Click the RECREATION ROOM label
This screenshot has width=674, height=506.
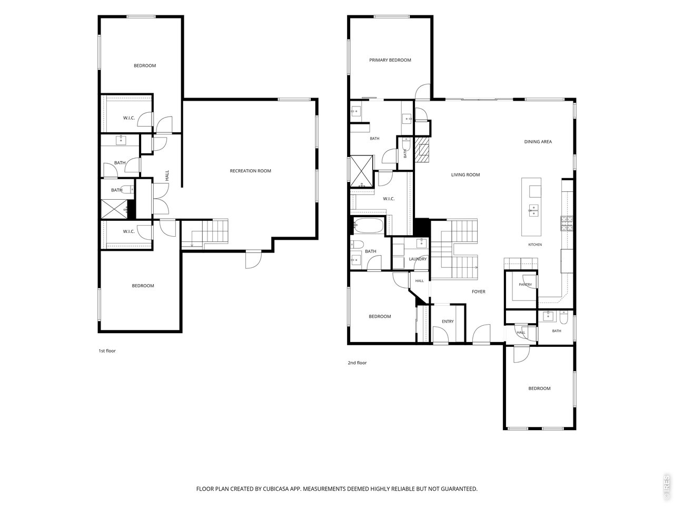[x=250, y=171]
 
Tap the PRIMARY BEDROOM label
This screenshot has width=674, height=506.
[x=390, y=60]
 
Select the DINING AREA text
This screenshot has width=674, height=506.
[x=538, y=142]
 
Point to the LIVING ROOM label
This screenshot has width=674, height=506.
[x=465, y=175]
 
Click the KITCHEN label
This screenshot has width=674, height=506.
[x=535, y=245]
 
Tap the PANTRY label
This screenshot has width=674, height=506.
[x=525, y=285]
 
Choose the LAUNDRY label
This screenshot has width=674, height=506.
[x=418, y=259]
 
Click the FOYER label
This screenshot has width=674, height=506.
[x=479, y=291]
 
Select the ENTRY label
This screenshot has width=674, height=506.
[x=448, y=322]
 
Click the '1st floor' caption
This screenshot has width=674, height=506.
[x=107, y=351]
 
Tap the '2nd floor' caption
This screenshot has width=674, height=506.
[x=357, y=363]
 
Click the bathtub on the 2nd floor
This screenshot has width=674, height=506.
[x=368, y=225]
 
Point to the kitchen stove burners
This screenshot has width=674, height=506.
[x=567, y=223]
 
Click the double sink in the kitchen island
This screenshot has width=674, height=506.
[x=534, y=211]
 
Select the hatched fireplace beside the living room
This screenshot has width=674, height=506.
[x=422, y=149]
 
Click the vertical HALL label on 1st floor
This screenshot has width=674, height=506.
[x=167, y=176]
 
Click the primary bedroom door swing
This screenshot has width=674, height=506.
[x=422, y=92]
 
